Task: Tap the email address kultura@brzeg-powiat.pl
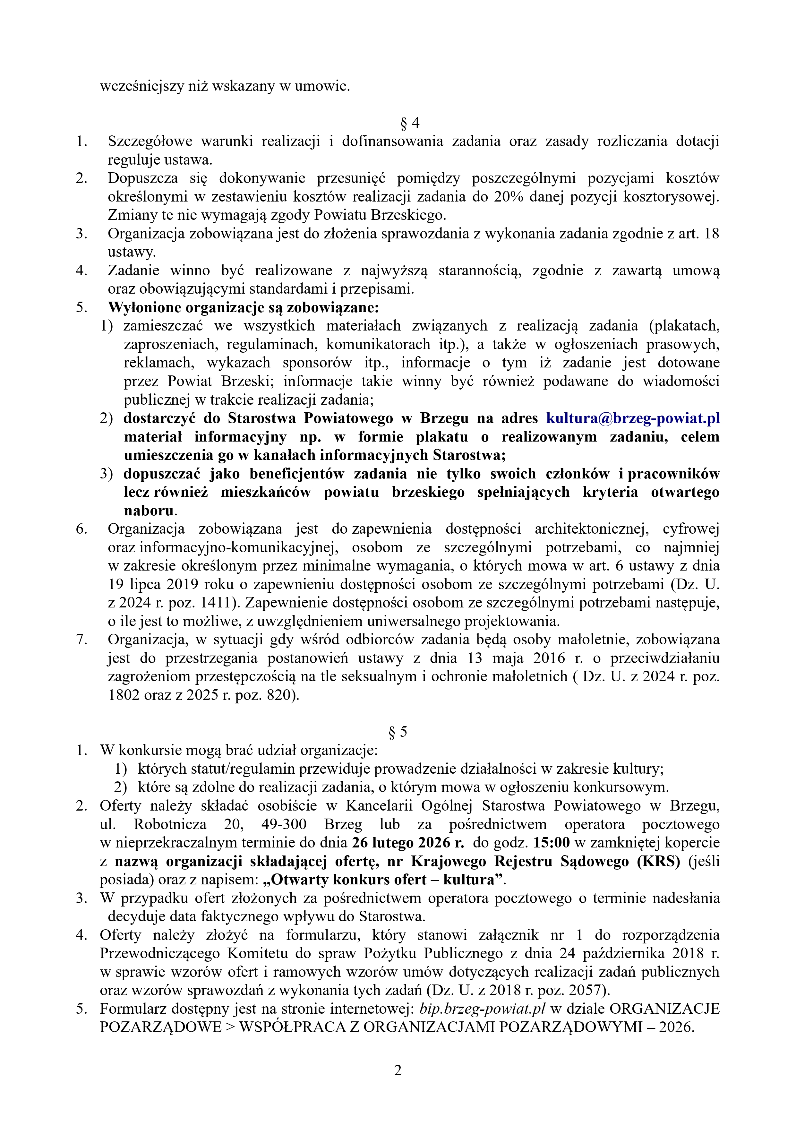pos(633,418)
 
